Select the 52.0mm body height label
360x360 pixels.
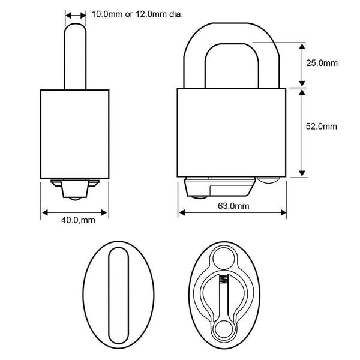coord(321,126)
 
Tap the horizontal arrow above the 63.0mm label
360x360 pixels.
coord(233,213)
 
